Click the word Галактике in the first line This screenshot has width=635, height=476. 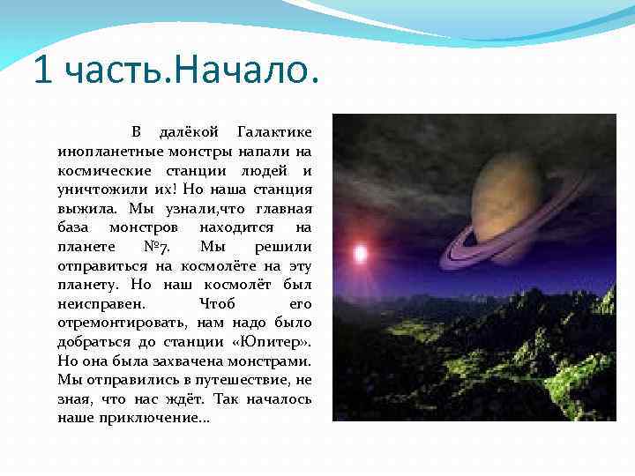(274, 132)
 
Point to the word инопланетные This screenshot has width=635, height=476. (99, 152)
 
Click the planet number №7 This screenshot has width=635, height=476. (153, 246)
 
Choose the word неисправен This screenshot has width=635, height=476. (95, 303)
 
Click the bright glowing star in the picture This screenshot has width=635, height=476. (360, 255)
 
